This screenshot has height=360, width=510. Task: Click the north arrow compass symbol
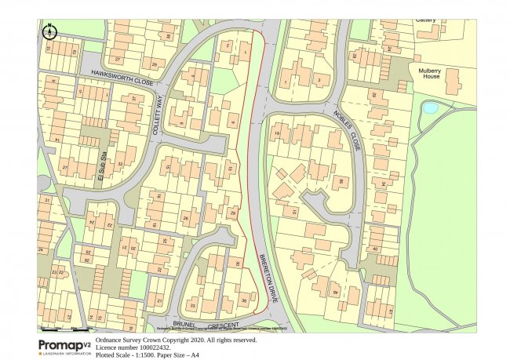point(50,31)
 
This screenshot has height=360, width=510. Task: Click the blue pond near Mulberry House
point(430,107)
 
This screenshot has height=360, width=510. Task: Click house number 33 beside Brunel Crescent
point(191,306)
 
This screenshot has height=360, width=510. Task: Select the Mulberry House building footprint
point(436,82)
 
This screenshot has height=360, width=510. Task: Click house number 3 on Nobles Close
point(319,80)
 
